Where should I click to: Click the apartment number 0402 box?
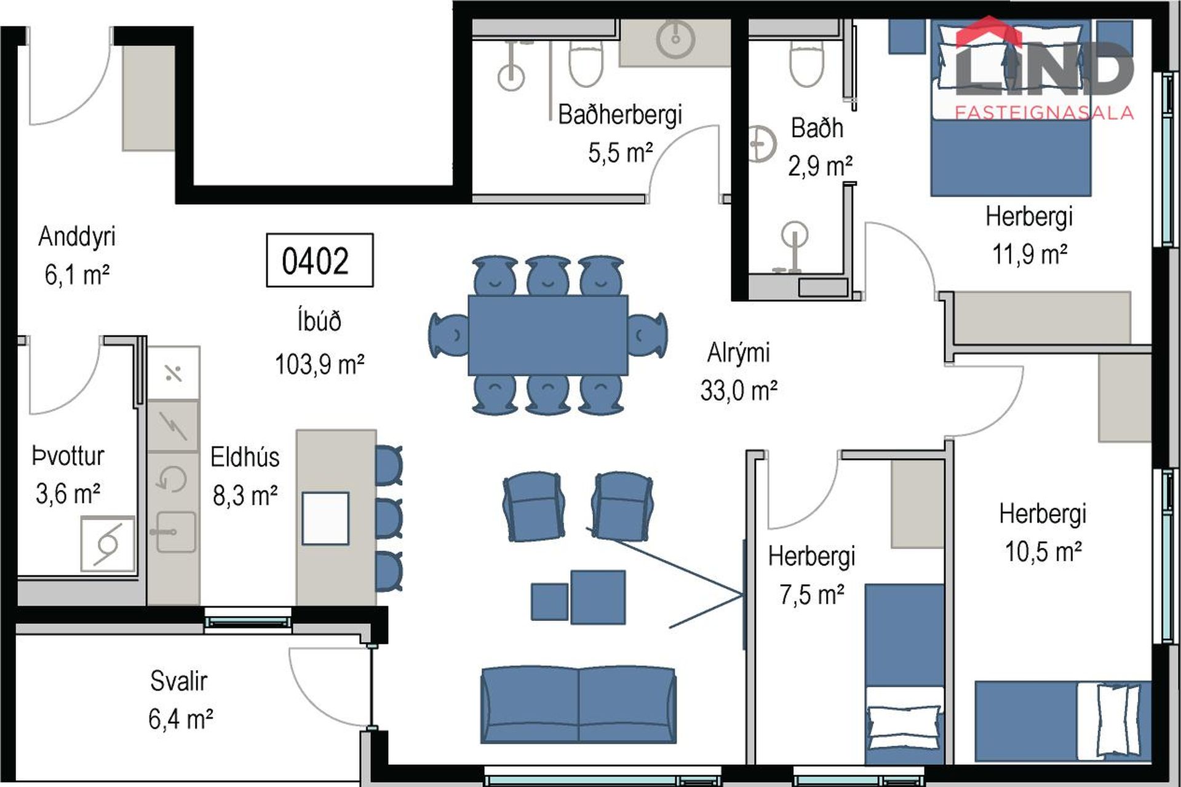point(319,260)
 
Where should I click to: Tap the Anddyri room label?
point(77,237)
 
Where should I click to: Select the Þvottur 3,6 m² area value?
point(68,494)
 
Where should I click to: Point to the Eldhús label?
point(245,457)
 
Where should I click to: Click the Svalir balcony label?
point(179,681)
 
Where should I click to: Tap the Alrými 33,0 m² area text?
point(739,390)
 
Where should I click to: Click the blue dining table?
point(548,335)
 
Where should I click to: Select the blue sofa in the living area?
point(578,705)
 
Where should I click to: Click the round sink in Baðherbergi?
point(675,39)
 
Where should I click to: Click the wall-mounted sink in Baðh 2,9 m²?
point(761,144)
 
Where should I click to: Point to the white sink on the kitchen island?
point(325,518)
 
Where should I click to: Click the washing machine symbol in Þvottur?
point(108,544)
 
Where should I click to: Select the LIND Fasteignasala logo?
point(1044,68)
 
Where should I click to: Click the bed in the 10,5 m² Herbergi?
point(1062,721)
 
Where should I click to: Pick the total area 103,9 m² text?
point(319,365)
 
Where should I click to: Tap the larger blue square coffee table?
point(598,597)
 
